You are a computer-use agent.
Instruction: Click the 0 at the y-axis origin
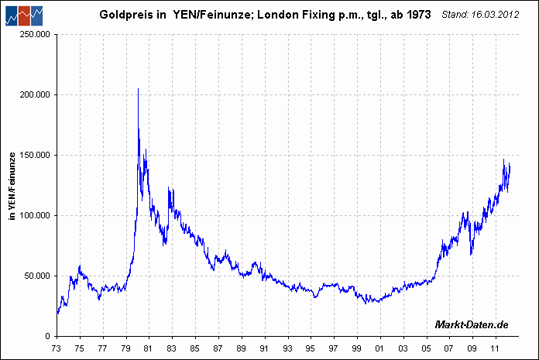point(49,336)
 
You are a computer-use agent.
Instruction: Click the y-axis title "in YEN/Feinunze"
point(12,186)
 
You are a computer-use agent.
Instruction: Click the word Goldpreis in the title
point(123,15)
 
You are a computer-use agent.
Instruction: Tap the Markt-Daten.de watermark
point(472,324)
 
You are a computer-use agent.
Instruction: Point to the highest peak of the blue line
point(138,89)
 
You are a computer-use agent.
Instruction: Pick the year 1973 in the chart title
point(417,15)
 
